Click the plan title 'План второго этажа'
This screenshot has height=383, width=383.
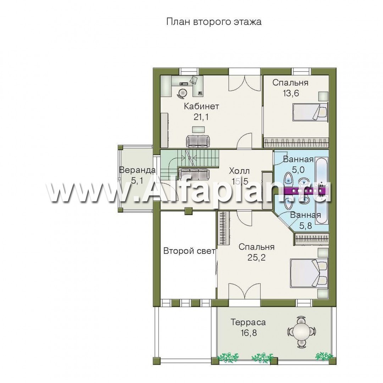(x=214, y=22)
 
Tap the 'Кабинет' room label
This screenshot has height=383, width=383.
(x=201, y=106)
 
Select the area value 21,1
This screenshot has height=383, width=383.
(x=201, y=117)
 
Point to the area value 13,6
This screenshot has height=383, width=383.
(x=291, y=93)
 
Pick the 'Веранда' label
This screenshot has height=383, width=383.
(x=137, y=170)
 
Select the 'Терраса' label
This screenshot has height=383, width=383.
(x=248, y=322)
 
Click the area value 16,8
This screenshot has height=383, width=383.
(x=248, y=333)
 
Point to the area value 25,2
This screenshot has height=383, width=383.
(x=256, y=257)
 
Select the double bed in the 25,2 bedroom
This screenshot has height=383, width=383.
(x=309, y=273)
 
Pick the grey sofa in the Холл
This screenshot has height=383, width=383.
(x=194, y=174)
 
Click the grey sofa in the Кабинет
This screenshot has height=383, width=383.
(x=198, y=141)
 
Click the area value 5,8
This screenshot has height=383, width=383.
(x=305, y=226)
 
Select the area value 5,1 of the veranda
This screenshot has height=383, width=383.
(x=137, y=181)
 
